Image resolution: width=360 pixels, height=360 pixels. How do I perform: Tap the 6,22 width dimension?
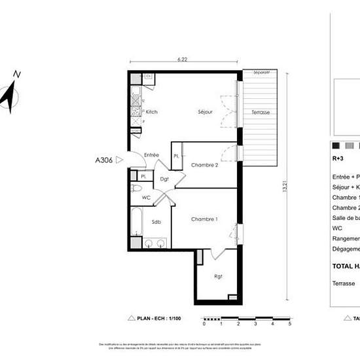pos(182,60)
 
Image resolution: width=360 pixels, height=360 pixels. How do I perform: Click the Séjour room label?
pos(206,112)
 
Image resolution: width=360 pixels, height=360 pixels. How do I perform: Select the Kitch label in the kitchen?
pos(151,112)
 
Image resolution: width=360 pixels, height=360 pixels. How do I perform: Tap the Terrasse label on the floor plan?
pos(261,113)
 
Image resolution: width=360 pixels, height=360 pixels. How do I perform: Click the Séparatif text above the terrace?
pos(262,73)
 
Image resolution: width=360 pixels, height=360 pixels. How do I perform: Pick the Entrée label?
pos(151,155)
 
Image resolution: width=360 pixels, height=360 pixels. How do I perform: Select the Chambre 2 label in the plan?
pos(204,165)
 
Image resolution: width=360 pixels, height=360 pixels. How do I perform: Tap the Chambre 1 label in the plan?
pos(204,219)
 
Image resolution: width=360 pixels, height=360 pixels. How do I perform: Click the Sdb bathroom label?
pos(156,222)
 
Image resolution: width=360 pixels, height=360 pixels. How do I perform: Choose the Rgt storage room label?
pos(218,276)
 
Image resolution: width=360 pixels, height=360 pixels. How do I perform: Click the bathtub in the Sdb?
pos(135,221)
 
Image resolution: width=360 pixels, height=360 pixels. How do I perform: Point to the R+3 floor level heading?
pos(338,158)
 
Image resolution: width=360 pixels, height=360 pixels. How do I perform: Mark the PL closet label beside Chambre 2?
pos(176,156)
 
